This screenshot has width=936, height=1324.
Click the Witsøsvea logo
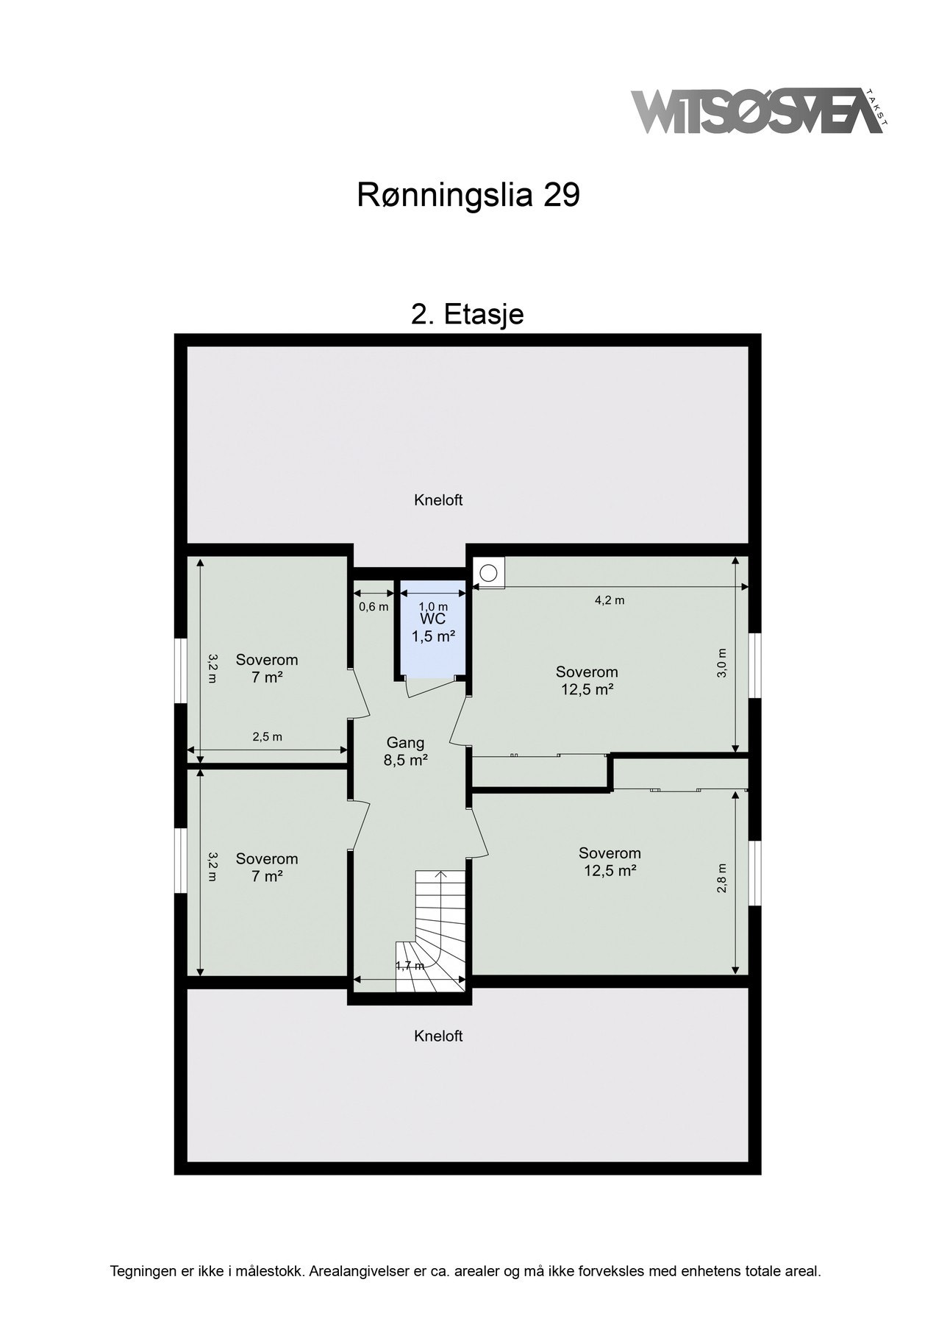(757, 112)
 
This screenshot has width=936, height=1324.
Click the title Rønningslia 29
(468, 196)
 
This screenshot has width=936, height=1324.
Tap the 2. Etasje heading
(467, 314)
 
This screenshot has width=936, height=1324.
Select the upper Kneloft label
(438, 500)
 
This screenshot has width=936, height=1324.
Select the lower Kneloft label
(438, 1036)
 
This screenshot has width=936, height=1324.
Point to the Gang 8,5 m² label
(405, 752)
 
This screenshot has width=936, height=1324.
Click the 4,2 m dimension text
(610, 600)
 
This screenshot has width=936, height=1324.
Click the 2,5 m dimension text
(267, 737)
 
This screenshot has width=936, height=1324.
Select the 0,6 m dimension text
(374, 607)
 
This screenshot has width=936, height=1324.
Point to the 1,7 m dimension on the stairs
(410, 967)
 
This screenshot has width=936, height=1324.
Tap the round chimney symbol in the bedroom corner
(488, 572)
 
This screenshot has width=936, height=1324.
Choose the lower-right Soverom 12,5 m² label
(610, 861)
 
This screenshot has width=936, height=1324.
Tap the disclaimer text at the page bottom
(465, 1270)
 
